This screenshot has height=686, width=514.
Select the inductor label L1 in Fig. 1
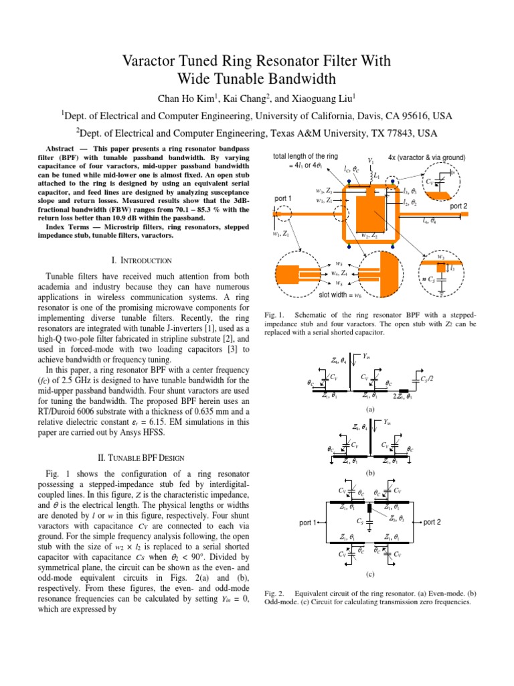[377, 175]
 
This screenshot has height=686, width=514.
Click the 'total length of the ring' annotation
[305, 157]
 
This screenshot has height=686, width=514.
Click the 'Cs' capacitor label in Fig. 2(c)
[360, 521]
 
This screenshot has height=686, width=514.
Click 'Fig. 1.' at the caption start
[275, 314]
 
